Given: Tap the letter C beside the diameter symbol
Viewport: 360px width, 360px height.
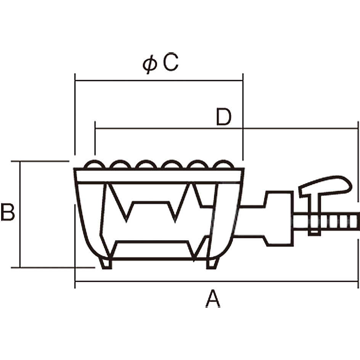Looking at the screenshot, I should tap(170, 63).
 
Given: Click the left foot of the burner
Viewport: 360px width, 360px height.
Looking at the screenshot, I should tap(106, 263).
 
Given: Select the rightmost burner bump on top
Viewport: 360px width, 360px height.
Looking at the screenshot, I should tap(222, 164).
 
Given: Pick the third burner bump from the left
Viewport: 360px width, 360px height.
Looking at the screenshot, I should tap(146, 164).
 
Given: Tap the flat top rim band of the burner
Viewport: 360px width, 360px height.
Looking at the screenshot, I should tap(159, 175).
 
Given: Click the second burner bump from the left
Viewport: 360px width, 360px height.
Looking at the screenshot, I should tap(120, 164).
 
